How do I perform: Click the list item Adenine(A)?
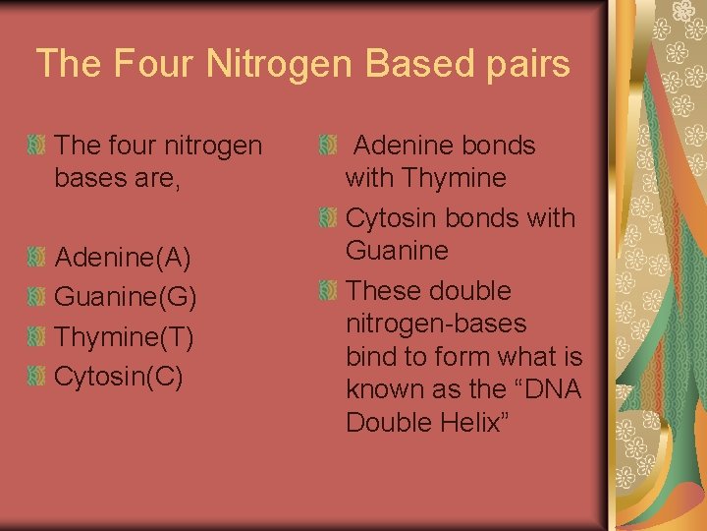(x=123, y=259)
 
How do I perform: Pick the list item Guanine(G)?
(x=126, y=298)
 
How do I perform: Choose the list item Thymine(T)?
(x=124, y=337)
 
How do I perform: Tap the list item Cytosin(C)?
(x=119, y=377)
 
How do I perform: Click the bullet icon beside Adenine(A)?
(x=36, y=259)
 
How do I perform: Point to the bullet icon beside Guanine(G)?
(x=36, y=298)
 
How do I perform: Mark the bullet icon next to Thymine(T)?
(x=36, y=337)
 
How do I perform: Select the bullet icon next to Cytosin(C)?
(x=36, y=377)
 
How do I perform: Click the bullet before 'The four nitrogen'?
(x=36, y=147)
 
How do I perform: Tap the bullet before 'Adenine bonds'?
(x=328, y=147)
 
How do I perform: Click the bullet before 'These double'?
(x=328, y=291)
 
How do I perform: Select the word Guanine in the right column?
(x=397, y=251)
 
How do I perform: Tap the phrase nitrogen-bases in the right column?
(x=436, y=324)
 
